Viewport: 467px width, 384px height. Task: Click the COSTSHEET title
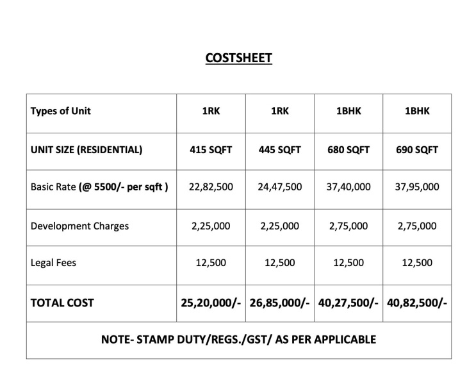pyautogui.click(x=238, y=58)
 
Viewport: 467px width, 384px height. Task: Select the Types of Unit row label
pyautogui.click(x=61, y=111)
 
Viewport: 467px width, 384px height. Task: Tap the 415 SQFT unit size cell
pyautogui.click(x=211, y=150)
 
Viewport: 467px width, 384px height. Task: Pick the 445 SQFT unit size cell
pyautogui.click(x=280, y=150)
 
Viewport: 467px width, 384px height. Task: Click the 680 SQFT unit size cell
pyautogui.click(x=348, y=150)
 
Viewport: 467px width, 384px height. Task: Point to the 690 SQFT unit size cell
pyautogui.click(x=417, y=150)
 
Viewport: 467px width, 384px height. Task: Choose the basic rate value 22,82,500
pyautogui.click(x=211, y=187)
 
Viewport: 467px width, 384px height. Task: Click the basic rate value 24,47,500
pyautogui.click(x=280, y=187)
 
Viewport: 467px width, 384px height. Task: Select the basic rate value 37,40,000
pyautogui.click(x=348, y=187)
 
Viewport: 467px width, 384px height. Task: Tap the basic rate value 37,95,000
pyautogui.click(x=417, y=187)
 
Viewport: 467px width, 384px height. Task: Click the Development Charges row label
pyautogui.click(x=79, y=226)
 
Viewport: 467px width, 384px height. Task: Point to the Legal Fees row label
pyautogui.click(x=53, y=263)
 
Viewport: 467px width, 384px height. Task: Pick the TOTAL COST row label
pyautogui.click(x=62, y=303)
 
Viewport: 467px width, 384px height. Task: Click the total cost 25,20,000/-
pyautogui.click(x=211, y=303)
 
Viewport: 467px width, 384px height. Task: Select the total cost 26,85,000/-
pyautogui.click(x=280, y=303)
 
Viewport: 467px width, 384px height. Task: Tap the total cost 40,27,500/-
pyautogui.click(x=348, y=303)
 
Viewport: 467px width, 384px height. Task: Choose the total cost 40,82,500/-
pyautogui.click(x=417, y=303)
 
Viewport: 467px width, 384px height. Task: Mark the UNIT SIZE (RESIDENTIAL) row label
pyautogui.click(x=86, y=150)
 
